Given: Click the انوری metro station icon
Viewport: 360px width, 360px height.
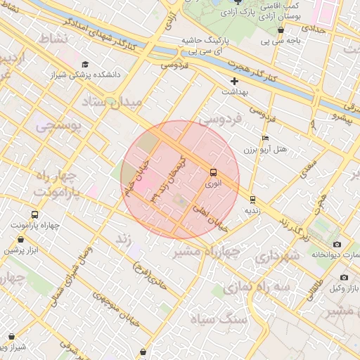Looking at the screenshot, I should pyautogui.click(x=212, y=172).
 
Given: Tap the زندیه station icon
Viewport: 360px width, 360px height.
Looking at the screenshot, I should pyautogui.click(x=252, y=198).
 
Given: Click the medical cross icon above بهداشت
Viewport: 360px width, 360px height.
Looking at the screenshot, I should pyautogui.click(x=235, y=81).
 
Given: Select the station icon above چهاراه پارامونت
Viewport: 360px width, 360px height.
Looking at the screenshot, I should pyautogui.click(x=35, y=214).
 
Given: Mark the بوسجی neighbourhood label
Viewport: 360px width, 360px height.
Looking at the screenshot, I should pyautogui.click(x=58, y=127).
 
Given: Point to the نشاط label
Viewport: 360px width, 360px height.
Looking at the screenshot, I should pyautogui.click(x=53, y=37).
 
